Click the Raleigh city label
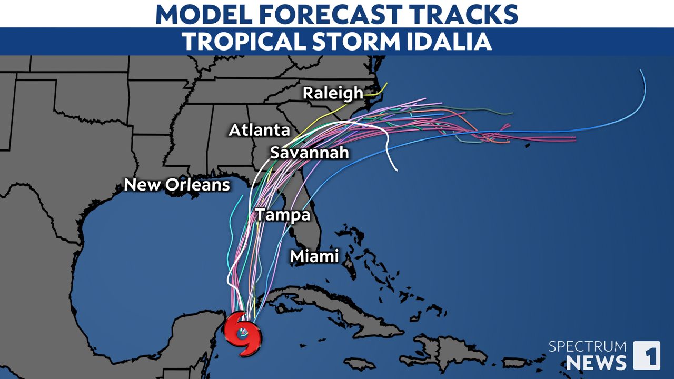pos(332,93)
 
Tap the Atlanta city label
pos(259,131)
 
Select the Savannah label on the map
pos(310,153)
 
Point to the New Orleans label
pos(177,185)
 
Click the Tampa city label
pos(282,215)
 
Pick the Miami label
pos(314,256)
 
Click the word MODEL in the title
pos(200,14)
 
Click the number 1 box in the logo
pos(646,355)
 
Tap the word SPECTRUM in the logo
pos(587,346)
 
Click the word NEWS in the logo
pos(596,362)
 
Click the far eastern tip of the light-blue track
pos(641,70)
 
